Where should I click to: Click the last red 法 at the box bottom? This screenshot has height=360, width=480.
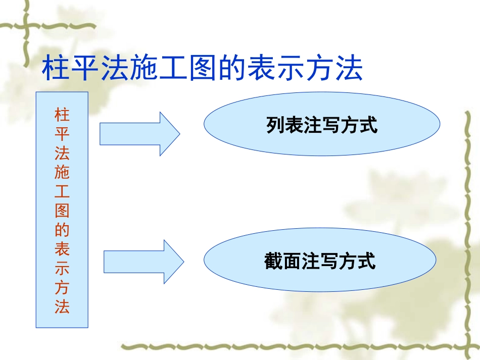[x=62, y=307]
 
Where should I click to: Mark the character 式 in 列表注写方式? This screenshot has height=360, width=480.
[x=368, y=125]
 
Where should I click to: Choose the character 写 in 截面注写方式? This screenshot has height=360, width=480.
[x=329, y=262]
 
